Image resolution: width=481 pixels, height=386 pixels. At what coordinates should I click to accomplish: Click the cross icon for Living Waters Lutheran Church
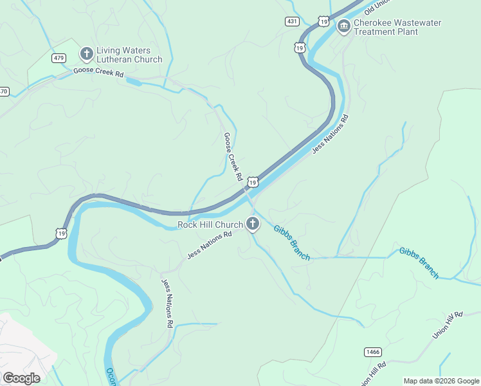86,53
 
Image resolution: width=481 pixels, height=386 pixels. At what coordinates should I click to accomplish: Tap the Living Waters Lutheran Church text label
129,55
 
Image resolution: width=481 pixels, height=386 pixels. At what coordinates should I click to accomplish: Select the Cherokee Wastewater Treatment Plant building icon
343,26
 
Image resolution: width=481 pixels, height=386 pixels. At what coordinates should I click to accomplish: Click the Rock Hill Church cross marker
253,224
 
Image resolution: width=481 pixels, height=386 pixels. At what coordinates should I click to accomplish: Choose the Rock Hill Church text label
210,225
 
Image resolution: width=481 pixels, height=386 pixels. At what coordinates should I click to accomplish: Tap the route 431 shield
293,21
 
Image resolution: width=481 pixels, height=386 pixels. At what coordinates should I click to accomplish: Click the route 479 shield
59,58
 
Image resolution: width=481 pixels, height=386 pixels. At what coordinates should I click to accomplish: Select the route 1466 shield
372,351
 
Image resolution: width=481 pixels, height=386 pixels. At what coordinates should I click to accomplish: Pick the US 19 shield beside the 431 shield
323,22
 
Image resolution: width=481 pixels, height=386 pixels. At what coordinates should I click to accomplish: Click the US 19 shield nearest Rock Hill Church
253,183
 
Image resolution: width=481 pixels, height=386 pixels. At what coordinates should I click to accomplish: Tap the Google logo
21,378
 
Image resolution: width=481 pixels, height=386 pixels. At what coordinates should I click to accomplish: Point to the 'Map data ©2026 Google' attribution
441,381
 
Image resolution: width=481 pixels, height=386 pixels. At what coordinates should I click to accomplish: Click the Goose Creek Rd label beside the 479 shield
98,73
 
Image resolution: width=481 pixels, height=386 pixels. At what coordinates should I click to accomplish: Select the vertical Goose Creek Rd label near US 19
232,156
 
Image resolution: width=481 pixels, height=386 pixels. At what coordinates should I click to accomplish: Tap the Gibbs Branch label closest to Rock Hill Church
291,243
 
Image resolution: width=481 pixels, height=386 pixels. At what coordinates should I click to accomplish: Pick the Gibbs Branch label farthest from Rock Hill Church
419,262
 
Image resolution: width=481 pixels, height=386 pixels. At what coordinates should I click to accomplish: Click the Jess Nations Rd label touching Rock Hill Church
209,246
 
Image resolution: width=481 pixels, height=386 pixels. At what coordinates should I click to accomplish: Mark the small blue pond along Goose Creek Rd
134,82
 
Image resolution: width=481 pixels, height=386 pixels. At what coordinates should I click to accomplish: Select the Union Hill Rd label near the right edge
448,326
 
